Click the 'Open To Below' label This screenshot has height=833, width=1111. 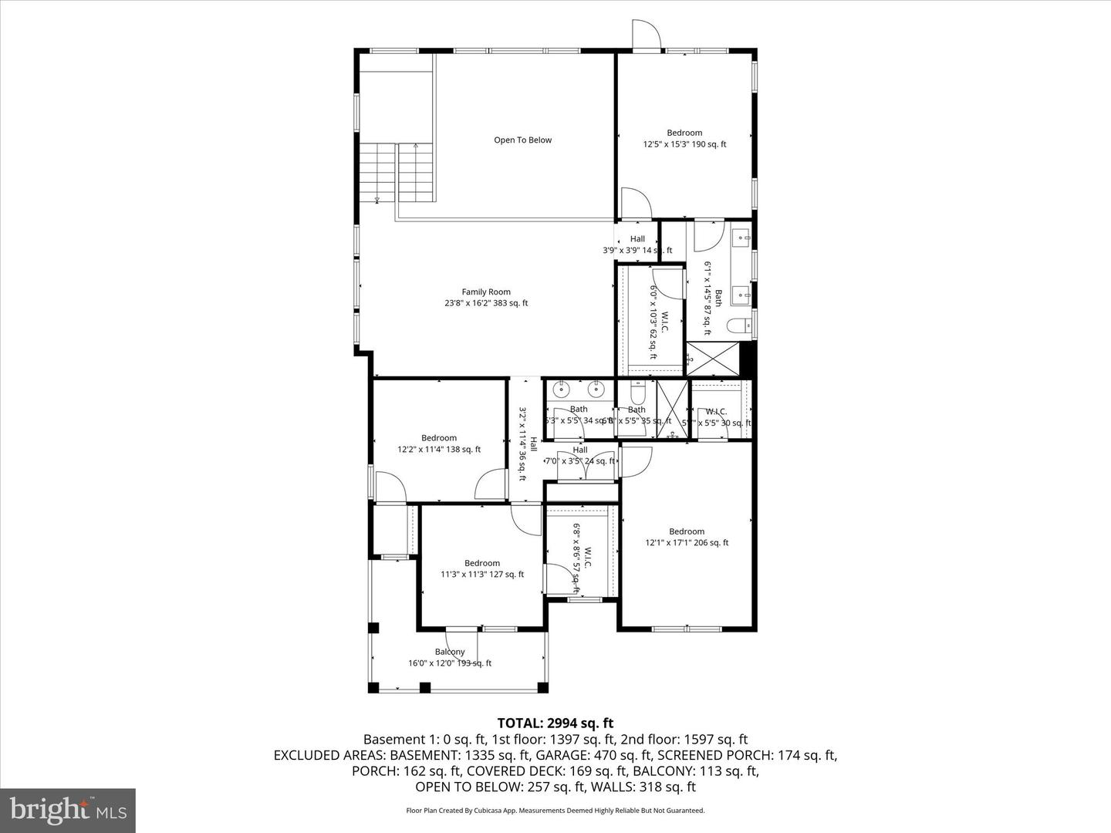coord(522,140)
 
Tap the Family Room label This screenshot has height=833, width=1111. coord(486,298)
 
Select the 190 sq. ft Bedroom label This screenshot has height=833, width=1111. coord(684,139)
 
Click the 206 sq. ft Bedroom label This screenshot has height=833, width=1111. coord(687,537)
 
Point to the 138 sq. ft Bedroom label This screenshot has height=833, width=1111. coord(439,443)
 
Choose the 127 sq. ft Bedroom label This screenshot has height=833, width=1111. coord(482,568)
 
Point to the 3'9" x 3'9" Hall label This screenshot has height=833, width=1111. coord(637,245)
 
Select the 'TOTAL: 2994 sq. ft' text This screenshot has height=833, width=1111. coord(555,723)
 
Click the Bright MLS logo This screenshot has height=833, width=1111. coord(68,810)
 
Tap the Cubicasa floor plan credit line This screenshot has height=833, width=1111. coord(555,811)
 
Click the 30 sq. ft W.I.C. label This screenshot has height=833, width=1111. coord(717,417)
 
